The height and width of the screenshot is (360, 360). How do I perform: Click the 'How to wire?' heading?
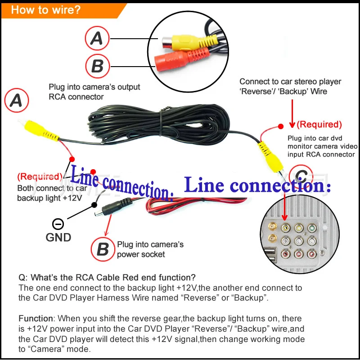click(x=46, y=9)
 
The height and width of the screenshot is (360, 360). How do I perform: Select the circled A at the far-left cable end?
click(x=16, y=101)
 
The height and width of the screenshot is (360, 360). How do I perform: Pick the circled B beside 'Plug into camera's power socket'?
click(x=103, y=249)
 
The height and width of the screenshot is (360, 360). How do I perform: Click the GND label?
click(x=58, y=237)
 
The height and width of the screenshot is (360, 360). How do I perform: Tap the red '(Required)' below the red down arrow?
click(x=319, y=124)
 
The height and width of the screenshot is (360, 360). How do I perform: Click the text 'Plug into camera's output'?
click(x=94, y=87)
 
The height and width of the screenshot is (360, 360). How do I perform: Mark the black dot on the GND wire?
click(x=94, y=205)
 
